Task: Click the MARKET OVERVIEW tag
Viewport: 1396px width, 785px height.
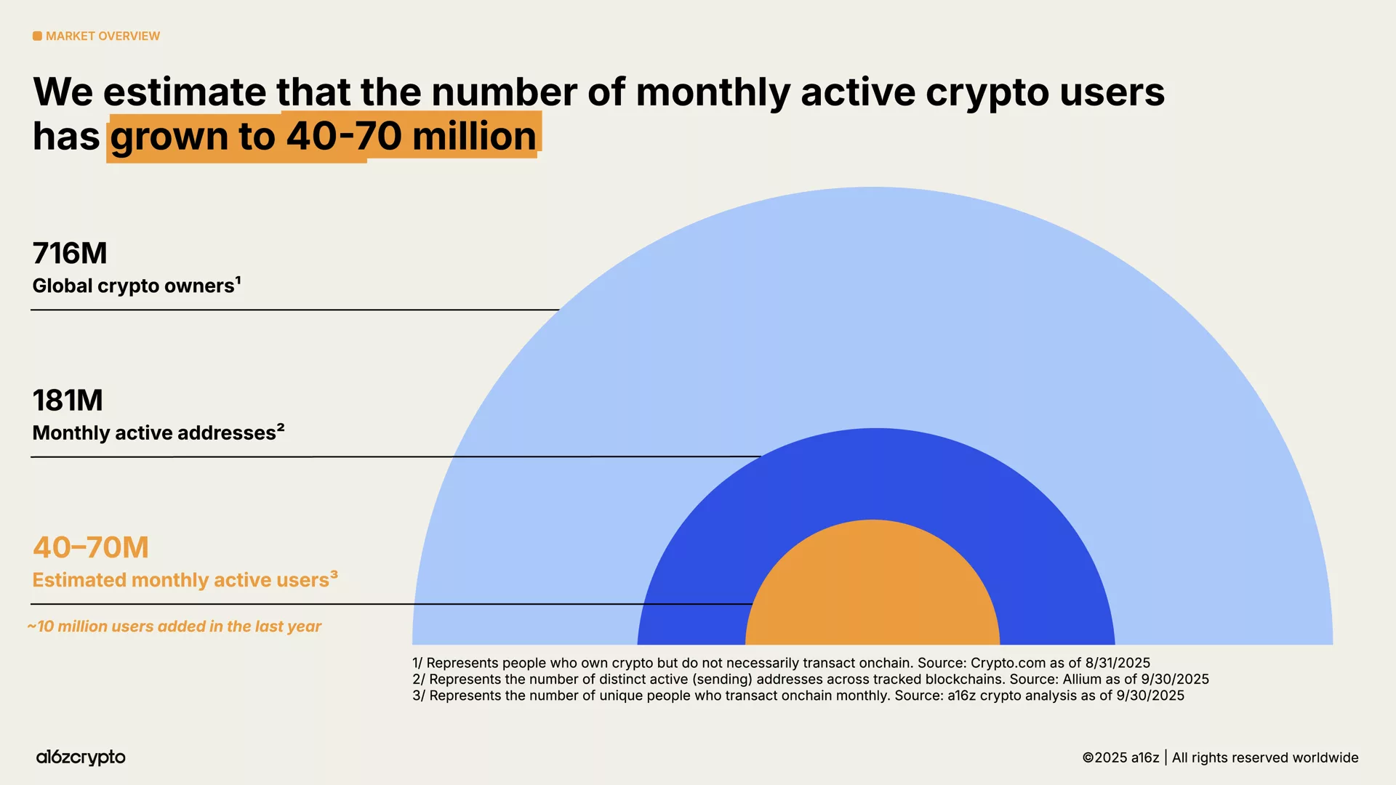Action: click(102, 36)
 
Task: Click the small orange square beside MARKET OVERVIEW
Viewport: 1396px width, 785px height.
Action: click(37, 36)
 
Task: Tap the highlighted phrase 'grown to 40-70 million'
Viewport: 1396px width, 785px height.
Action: click(324, 137)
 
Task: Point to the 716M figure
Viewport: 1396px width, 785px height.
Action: click(70, 254)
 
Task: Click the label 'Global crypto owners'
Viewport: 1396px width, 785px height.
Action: click(133, 286)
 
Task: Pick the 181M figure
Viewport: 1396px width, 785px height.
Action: click(68, 400)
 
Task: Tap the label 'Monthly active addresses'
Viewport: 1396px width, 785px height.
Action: click(154, 433)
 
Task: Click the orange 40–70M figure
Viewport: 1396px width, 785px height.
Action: click(91, 548)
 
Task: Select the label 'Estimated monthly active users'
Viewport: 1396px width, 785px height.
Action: click(180, 581)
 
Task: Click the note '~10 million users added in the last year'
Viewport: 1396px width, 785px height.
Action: click(174, 627)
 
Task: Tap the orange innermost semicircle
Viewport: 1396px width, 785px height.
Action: click(872, 589)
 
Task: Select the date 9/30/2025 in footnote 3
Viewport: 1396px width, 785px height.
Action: click(1150, 696)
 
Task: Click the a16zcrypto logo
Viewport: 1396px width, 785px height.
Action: click(81, 757)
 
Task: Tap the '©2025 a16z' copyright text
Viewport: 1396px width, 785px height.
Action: click(1120, 758)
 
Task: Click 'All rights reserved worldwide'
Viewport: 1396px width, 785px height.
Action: click(1265, 758)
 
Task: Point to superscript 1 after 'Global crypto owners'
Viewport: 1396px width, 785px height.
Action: click(238, 280)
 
